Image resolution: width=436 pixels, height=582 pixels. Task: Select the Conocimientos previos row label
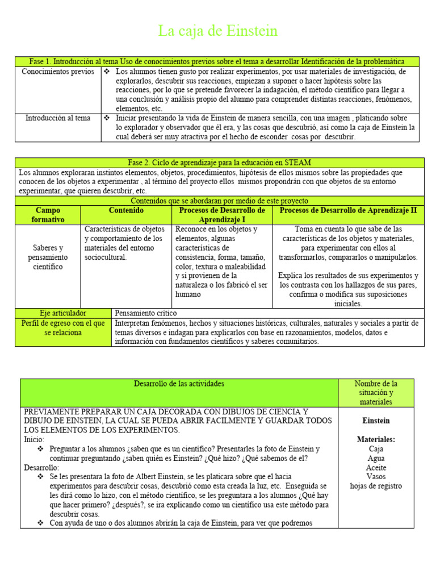pos(58,72)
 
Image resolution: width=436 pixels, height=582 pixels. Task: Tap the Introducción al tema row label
pos(58,118)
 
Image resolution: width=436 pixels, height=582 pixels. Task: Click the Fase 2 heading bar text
pos(219,163)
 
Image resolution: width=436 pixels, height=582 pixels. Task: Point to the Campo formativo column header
pos(48,214)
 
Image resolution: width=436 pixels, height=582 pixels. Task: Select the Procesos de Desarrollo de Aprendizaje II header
pos(348,210)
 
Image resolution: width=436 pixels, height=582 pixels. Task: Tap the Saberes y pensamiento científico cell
pos(48,257)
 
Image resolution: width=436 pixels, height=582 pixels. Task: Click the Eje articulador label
pos(63,313)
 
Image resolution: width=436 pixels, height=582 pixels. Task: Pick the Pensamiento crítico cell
pos(146,313)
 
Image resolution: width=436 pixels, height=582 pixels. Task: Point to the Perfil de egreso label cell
pos(63,327)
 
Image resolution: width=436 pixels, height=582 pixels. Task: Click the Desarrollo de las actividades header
pos(179,384)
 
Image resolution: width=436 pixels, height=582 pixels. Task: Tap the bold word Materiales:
pos(375,439)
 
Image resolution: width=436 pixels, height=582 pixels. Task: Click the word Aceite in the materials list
pos(375,467)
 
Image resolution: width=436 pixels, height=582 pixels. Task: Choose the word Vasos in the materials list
pos(375,476)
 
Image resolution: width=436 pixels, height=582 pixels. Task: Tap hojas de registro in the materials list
pos(375,486)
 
